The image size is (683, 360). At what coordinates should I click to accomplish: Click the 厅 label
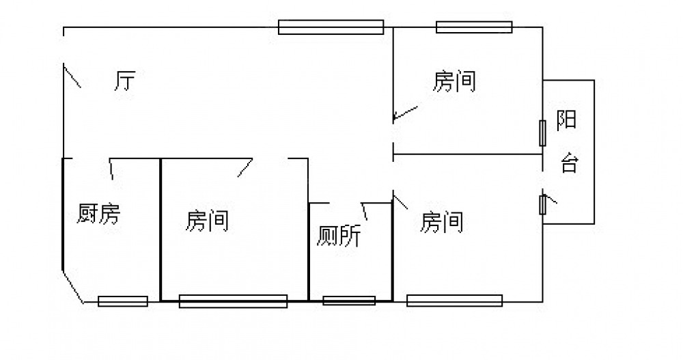coord(124,82)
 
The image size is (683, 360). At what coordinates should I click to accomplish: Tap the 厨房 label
coord(98,214)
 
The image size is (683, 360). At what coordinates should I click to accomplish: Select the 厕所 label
coord(339,236)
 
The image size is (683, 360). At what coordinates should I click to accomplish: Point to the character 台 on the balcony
coord(569,164)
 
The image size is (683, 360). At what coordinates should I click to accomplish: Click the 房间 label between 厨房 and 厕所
coord(207,221)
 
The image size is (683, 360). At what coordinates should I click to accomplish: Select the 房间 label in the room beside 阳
coord(454,82)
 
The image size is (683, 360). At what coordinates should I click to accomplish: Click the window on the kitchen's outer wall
coord(123,301)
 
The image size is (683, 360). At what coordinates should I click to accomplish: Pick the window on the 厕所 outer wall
coord(349,301)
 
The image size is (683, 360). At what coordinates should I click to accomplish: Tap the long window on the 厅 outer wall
coord(331,27)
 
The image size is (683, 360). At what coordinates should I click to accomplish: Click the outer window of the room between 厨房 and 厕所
coord(233,301)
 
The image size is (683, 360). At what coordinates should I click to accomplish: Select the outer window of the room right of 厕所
coord(454,301)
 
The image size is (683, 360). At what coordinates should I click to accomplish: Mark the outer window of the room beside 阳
coord(474,27)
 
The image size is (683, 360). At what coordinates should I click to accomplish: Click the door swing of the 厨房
coord(111,168)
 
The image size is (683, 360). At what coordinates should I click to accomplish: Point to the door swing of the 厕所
coord(365,211)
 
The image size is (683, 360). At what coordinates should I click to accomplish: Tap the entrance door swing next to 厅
coord(72,76)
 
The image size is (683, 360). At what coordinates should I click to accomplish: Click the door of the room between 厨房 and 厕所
coord(245,167)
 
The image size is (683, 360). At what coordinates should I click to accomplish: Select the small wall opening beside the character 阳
coord(543,133)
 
